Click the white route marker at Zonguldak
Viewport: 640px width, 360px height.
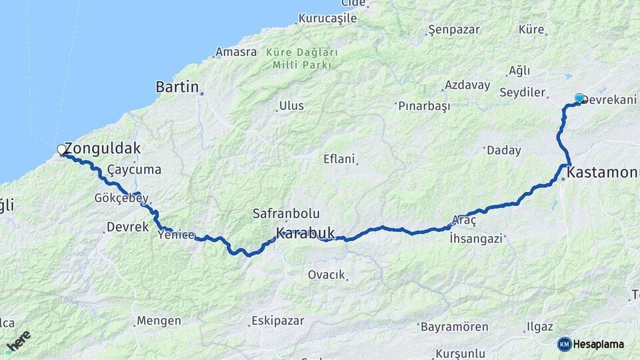coord(62,150)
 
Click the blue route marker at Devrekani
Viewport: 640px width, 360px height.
coord(579,99)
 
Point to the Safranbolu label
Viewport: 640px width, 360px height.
coord(286,214)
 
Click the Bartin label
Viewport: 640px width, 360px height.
coord(177,87)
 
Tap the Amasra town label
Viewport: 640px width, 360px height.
coord(236,52)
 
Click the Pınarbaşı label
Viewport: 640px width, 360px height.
coord(424,106)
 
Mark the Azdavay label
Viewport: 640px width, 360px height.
coord(467,86)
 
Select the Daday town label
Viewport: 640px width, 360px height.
coord(504,151)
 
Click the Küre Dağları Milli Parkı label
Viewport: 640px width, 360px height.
coord(302,58)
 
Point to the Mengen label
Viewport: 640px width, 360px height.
coord(159,321)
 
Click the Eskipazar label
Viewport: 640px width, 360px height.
coord(277,321)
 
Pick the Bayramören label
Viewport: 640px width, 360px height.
coord(455,327)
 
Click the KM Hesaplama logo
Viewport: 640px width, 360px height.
coord(591,344)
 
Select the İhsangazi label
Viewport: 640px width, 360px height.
coord(476,237)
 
